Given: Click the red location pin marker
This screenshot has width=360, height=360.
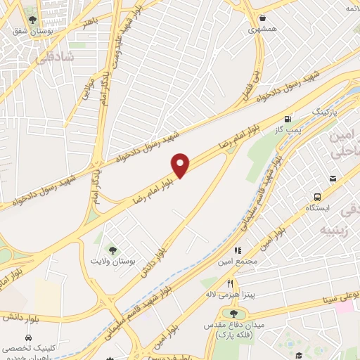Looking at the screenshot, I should (x=181, y=165).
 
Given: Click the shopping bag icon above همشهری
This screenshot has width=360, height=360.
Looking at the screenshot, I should (x=262, y=18).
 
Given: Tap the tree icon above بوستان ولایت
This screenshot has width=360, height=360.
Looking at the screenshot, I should (x=111, y=250).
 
